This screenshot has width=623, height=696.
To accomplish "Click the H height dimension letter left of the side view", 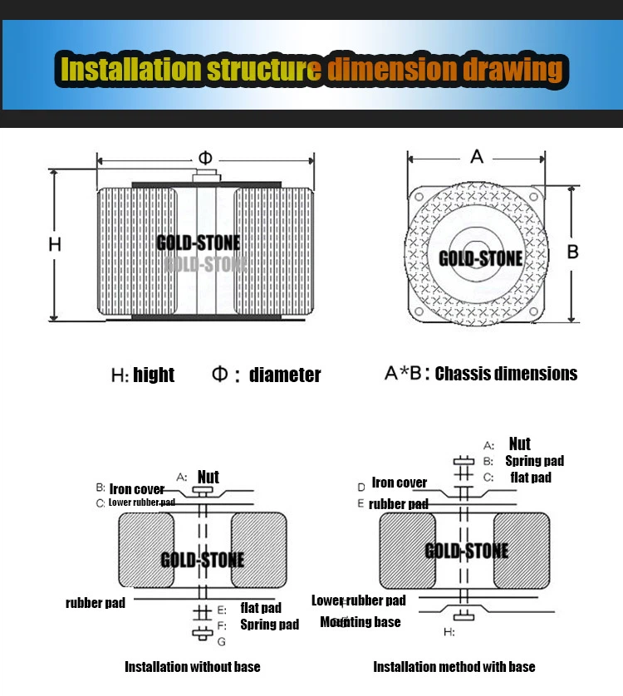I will tap(55, 244).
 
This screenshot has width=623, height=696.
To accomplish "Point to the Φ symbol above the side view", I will tap(205, 158).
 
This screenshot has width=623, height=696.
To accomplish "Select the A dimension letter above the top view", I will tap(477, 156).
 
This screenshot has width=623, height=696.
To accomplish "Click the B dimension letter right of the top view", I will tap(572, 252).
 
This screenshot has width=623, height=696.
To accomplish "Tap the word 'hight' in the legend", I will tap(154, 375).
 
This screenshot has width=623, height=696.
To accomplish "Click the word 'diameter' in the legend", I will tap(284, 375).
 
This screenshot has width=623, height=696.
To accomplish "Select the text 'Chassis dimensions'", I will tap(506, 374).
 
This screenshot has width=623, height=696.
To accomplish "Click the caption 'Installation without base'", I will tap(192, 666).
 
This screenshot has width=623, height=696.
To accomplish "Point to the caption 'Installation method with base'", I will tap(454, 666).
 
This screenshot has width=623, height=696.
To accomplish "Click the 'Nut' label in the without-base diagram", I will tap(208, 477).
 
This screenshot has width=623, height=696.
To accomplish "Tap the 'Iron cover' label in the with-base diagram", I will tap(399, 483).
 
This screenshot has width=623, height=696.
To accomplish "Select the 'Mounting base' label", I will tap(361, 621).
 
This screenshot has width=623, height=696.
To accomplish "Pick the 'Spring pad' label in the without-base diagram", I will tap(269, 624).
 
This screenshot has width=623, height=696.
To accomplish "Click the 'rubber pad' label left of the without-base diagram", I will tap(96, 602).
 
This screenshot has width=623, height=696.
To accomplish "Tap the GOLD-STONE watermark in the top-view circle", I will tap(480, 258).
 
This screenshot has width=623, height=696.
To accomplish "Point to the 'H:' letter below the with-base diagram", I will tap(449, 632).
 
